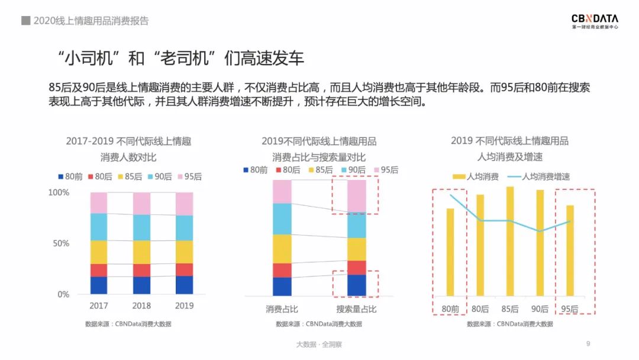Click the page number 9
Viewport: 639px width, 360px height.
[x=588, y=343]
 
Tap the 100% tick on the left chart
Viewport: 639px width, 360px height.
[x=59, y=192]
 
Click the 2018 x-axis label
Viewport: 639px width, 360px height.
[x=141, y=306]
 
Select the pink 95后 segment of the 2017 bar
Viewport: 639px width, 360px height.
[x=99, y=202]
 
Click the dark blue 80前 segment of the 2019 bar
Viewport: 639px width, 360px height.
[x=185, y=285]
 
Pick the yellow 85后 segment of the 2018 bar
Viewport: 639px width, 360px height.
[x=141, y=252]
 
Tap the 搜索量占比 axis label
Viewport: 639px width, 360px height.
[x=356, y=309]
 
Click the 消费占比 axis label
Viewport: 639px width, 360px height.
[x=282, y=309]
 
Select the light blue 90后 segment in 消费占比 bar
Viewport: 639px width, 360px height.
[x=282, y=218]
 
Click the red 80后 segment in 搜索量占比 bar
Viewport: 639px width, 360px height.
[x=356, y=268]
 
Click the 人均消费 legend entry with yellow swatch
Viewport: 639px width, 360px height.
[x=475, y=176]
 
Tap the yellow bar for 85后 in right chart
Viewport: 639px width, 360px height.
[x=510, y=241]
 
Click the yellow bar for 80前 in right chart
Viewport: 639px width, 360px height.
[x=450, y=252]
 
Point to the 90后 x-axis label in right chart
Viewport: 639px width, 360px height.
[x=540, y=309]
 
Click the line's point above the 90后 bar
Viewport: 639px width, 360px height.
[x=540, y=231]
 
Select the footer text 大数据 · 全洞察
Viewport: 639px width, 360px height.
[x=319, y=344]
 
